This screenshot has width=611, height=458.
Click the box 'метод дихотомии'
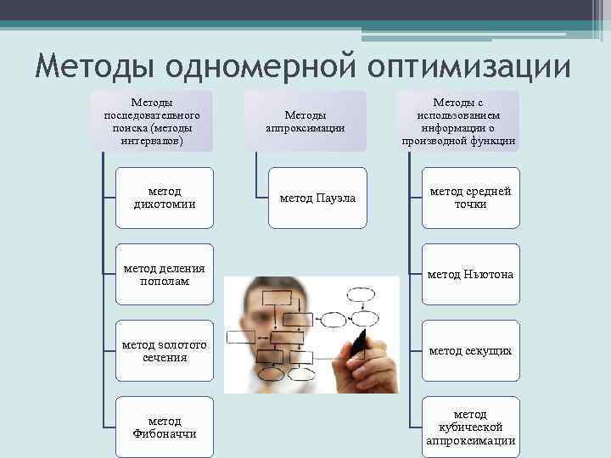coord(165,198)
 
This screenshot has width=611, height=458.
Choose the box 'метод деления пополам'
coord(165,274)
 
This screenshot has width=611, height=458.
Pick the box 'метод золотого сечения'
coord(165,350)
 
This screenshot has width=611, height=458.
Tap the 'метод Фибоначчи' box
coord(165,427)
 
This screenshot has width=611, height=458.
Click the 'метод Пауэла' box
coord(317,198)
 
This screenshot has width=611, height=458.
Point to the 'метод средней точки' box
coord(470,198)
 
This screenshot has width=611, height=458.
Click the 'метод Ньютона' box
coord(470,274)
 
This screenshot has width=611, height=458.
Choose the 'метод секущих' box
coord(470,350)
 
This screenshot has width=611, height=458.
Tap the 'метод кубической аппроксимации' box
coord(470,427)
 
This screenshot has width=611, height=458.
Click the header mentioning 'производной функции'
coord(458,121)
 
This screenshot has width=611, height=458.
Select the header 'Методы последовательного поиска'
coord(152,121)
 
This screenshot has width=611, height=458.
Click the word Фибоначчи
coord(165,433)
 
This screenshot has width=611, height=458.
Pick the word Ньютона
coord(489,275)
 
